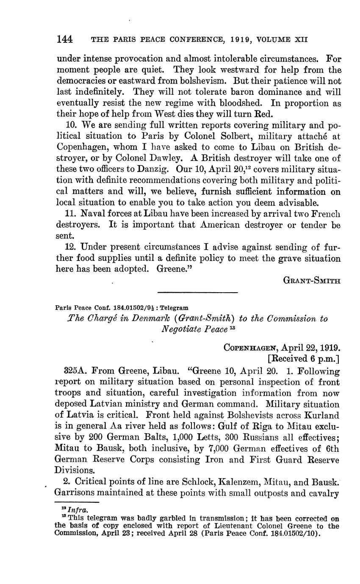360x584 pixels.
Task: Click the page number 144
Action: click(65, 39)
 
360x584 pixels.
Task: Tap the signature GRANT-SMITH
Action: click(312, 280)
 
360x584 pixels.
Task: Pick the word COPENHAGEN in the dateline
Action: click(249, 348)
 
